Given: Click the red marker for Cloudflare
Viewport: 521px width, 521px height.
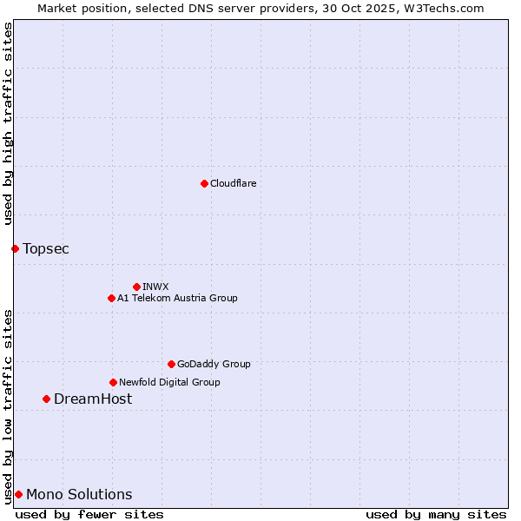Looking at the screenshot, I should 204,183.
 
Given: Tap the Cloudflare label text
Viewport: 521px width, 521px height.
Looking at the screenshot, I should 234,183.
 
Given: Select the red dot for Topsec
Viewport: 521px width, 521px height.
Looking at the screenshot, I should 15,248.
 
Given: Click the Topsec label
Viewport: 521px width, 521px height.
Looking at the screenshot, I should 46,249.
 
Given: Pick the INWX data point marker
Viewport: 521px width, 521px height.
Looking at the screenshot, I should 136,287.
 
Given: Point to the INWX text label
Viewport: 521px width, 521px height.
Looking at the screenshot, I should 156,287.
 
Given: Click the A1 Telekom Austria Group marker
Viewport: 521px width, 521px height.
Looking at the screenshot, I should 111,298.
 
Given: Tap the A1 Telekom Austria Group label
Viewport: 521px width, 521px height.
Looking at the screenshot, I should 177,298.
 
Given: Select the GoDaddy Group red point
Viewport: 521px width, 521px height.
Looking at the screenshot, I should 171,364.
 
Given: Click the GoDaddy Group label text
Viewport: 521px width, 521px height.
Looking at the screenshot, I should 214,364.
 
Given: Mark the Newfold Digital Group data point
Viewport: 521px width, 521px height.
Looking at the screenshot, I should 113,382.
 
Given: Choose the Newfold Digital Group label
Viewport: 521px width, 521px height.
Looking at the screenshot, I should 169,382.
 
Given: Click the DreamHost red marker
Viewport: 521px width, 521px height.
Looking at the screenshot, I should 46,399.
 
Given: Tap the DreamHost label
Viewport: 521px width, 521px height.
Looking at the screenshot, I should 93,399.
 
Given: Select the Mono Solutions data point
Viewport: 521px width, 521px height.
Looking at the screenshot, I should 18,494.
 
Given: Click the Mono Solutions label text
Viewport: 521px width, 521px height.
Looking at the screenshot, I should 79,495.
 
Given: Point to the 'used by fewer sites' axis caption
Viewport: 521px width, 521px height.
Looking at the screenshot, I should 89,514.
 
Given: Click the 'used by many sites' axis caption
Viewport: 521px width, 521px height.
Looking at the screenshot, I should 436,514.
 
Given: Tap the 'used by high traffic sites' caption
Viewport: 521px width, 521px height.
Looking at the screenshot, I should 8,124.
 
